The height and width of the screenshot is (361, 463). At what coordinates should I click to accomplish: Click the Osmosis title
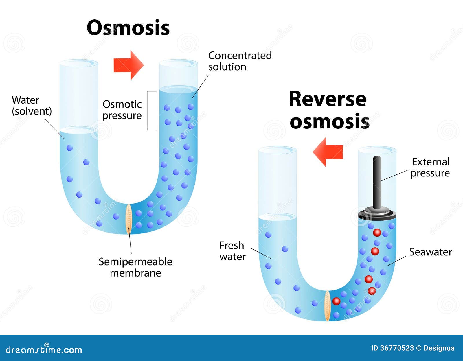128,28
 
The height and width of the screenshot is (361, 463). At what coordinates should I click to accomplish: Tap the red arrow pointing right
128,65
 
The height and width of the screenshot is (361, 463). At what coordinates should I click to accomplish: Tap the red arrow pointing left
328,152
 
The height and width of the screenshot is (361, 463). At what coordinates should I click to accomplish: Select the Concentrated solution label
240,61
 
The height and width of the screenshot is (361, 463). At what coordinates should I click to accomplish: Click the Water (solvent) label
32,106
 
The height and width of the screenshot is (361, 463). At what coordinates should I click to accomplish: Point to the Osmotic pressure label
122,110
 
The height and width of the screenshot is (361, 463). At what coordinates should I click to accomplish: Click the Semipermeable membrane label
135,267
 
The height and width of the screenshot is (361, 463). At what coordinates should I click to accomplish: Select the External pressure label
430,167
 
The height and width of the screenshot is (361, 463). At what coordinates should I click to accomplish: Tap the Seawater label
430,252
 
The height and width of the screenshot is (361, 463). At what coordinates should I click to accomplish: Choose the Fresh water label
232,251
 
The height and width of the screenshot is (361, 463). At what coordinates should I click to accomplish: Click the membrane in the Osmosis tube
129,219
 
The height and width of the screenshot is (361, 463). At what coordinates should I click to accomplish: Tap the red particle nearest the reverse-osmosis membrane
336,301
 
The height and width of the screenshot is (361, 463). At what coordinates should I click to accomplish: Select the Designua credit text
439,348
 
